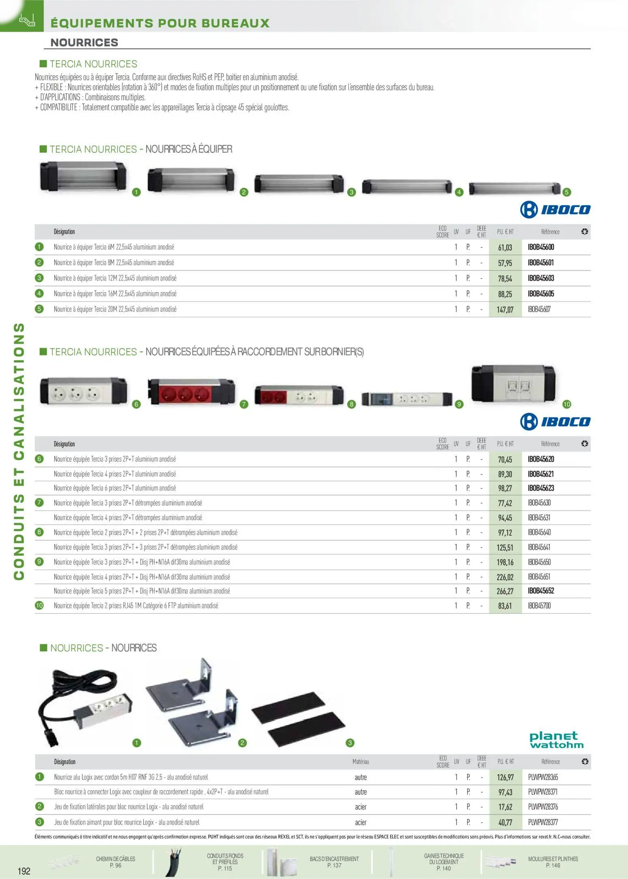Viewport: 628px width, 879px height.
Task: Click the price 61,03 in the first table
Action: (505, 247)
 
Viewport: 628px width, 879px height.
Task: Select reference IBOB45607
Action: (539, 309)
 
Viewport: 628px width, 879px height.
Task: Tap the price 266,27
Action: (505, 591)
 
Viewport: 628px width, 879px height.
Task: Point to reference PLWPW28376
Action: (543, 807)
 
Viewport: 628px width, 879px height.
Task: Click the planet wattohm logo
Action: (556, 740)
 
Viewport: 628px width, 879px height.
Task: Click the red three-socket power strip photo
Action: (191, 392)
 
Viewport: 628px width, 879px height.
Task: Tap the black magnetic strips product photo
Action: (298, 720)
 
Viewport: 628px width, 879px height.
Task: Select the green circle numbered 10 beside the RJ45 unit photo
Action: (566, 404)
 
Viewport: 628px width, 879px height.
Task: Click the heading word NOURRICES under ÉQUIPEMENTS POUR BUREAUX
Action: (84, 43)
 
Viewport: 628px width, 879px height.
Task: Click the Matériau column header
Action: (361, 761)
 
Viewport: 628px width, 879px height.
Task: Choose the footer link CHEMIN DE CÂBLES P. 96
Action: (115, 862)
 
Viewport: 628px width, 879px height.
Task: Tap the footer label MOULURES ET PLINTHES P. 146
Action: (553, 862)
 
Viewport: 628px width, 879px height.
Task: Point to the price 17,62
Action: (505, 807)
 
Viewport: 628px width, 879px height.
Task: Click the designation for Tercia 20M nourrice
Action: (115, 309)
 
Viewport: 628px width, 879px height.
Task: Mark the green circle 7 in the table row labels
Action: (39, 503)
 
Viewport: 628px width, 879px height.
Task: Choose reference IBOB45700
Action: (539, 606)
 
